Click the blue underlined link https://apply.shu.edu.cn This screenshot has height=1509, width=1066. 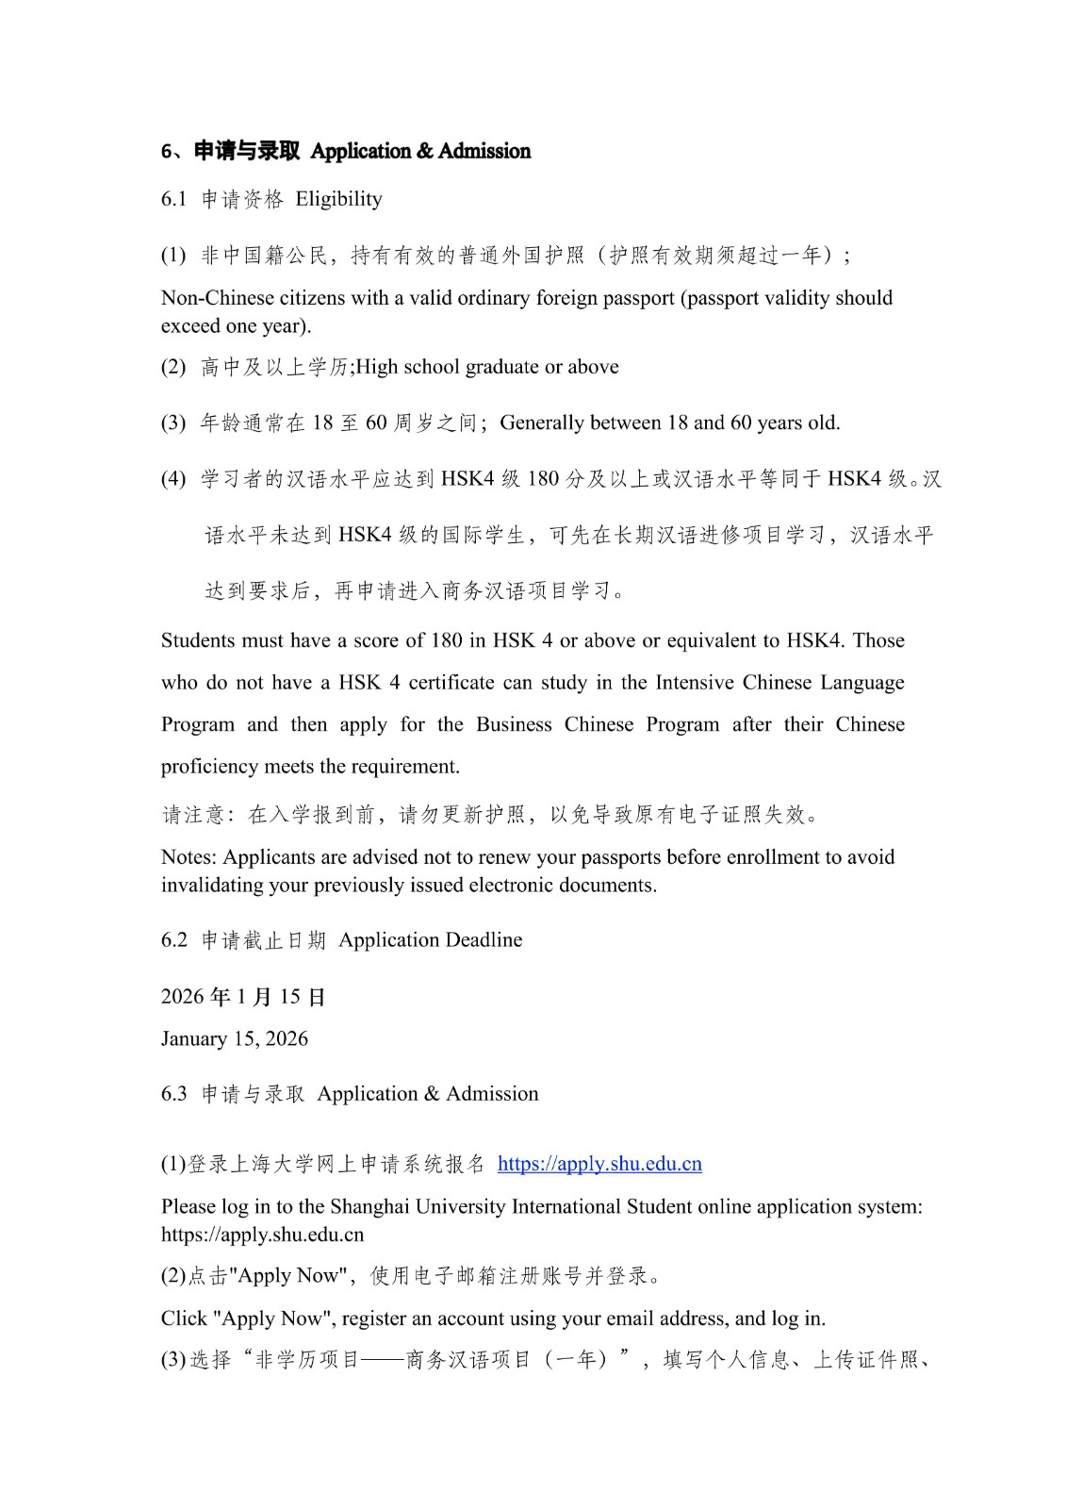[599, 1164]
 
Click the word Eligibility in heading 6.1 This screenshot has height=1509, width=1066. [338, 199]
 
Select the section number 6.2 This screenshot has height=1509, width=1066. [174, 940]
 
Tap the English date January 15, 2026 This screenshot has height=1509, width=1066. [235, 1038]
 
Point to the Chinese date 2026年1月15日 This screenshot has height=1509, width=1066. [243, 997]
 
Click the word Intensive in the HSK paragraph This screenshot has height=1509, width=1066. [694, 683]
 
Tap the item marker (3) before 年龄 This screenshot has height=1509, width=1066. [173, 423]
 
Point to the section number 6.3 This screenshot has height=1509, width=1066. [174, 1094]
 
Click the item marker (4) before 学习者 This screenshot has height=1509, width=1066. [173, 479]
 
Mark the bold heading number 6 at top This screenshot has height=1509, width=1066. [166, 152]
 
